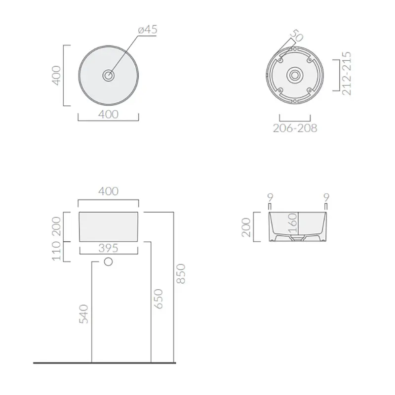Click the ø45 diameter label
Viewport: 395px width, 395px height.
[x=148, y=30]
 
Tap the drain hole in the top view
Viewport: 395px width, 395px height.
[x=109, y=75]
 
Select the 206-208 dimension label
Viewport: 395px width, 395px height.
[x=295, y=128]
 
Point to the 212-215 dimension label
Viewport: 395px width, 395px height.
[x=347, y=73]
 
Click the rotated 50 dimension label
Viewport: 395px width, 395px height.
[x=296, y=36]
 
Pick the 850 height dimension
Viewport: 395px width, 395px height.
[x=181, y=274]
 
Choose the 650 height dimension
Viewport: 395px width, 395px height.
[x=158, y=299]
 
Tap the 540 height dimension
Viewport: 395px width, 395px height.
[x=83, y=314]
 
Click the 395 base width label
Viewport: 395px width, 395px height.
[x=108, y=248]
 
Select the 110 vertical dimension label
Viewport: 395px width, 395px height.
[x=56, y=251]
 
